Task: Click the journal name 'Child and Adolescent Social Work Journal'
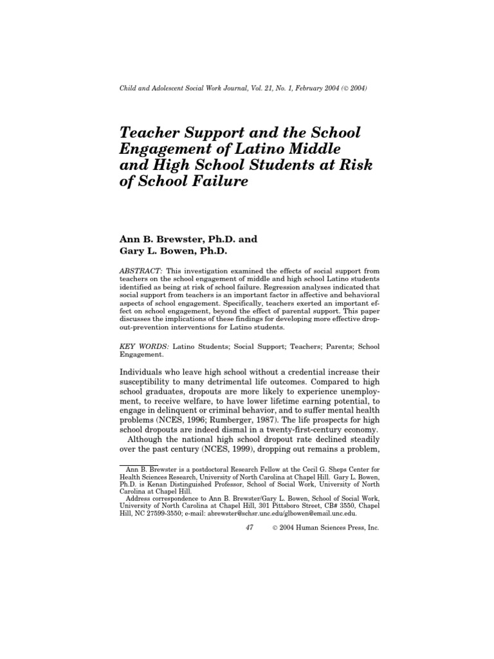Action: (x=183, y=88)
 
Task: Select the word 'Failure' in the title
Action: (x=219, y=181)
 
